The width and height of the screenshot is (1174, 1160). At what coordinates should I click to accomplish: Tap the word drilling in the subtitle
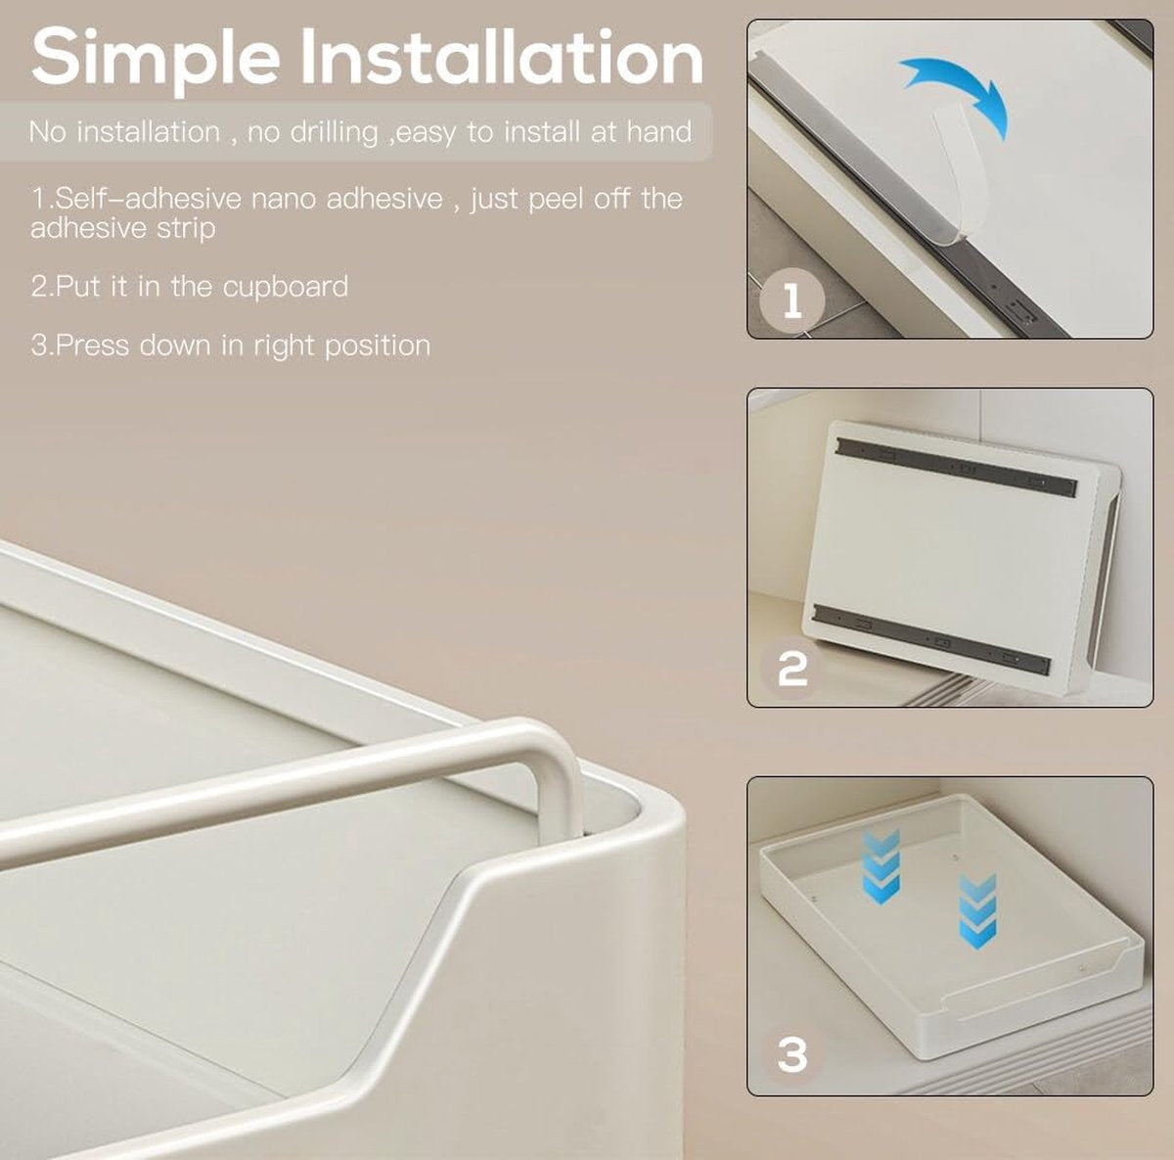point(334,133)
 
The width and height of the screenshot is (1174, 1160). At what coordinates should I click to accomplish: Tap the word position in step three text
point(378,347)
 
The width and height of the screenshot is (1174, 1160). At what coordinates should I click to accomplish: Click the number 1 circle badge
point(792,301)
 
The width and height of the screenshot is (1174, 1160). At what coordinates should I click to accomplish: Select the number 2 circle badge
point(792,669)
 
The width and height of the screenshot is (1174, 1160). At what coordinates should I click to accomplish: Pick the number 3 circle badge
point(792,1055)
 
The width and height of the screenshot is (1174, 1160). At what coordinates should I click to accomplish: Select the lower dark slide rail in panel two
point(932,638)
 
